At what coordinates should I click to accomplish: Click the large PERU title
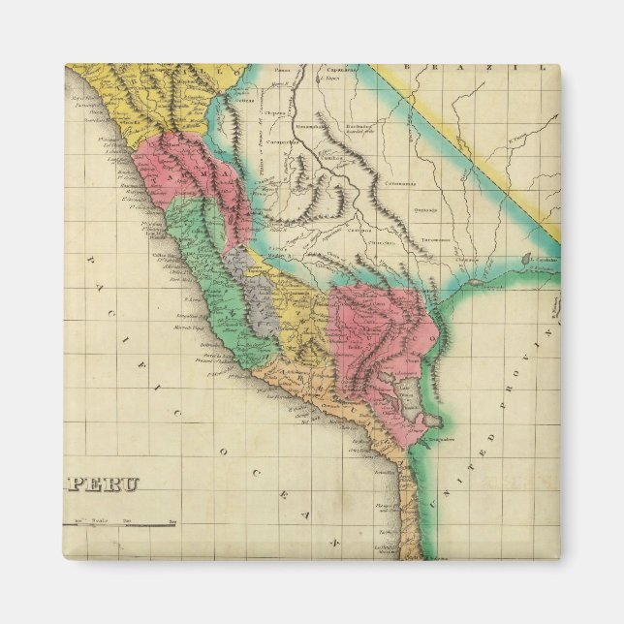105,484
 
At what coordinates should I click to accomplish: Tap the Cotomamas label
399,183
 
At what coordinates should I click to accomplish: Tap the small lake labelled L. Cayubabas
526,260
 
